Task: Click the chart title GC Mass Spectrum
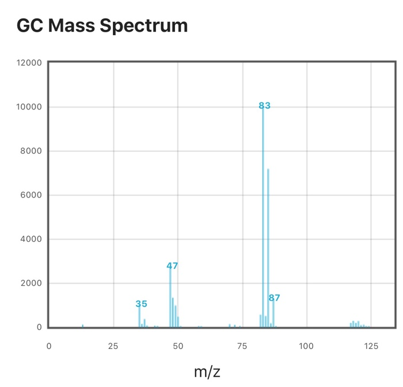(x=102, y=25)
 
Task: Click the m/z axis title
(x=207, y=371)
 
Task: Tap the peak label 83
(x=264, y=105)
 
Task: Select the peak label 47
(x=172, y=266)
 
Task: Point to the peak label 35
(x=141, y=303)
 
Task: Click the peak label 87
(x=274, y=298)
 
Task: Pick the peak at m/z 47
(x=170, y=299)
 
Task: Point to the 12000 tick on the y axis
(x=29, y=63)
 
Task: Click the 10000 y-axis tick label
(x=29, y=107)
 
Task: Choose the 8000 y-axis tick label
(x=32, y=151)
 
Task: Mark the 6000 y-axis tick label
(x=32, y=195)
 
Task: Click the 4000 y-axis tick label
(x=32, y=239)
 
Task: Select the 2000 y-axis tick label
(x=32, y=283)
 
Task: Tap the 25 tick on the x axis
(x=113, y=346)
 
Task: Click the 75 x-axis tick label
(x=242, y=346)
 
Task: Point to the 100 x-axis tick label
(x=306, y=346)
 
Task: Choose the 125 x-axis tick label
(x=371, y=346)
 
